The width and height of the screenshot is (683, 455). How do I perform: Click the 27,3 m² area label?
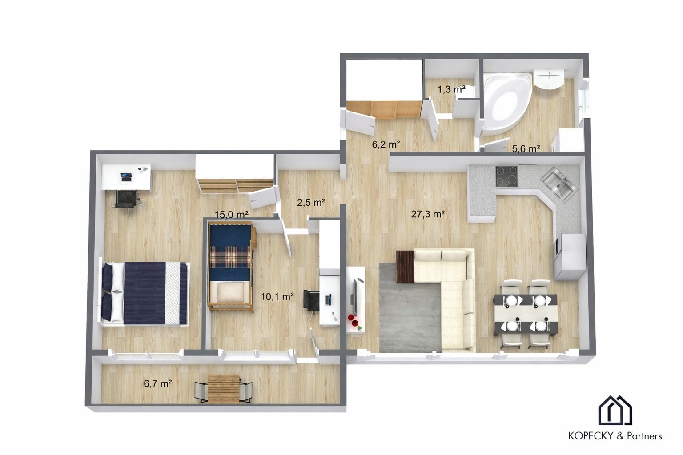[x=427, y=214]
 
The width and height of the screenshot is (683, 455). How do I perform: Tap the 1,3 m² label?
[x=451, y=89]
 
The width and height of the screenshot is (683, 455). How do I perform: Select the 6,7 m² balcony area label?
[x=158, y=383]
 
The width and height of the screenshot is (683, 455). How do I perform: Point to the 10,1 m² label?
[x=277, y=296]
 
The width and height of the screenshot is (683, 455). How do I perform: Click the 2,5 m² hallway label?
[x=311, y=202]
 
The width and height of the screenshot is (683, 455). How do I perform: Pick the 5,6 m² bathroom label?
[x=526, y=149]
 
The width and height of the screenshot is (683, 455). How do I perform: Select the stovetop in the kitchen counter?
[x=506, y=176]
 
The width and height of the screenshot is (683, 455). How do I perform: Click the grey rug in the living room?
[x=410, y=308]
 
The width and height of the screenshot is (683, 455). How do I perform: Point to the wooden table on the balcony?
[x=224, y=389]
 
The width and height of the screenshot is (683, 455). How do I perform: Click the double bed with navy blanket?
[x=144, y=294]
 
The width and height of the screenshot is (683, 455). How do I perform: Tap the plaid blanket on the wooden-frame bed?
[x=230, y=257]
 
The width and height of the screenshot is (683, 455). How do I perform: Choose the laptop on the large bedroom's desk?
[x=126, y=177]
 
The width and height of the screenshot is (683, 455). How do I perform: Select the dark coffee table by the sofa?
[x=405, y=266]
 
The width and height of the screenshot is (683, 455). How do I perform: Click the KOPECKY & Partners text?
[x=615, y=436]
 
